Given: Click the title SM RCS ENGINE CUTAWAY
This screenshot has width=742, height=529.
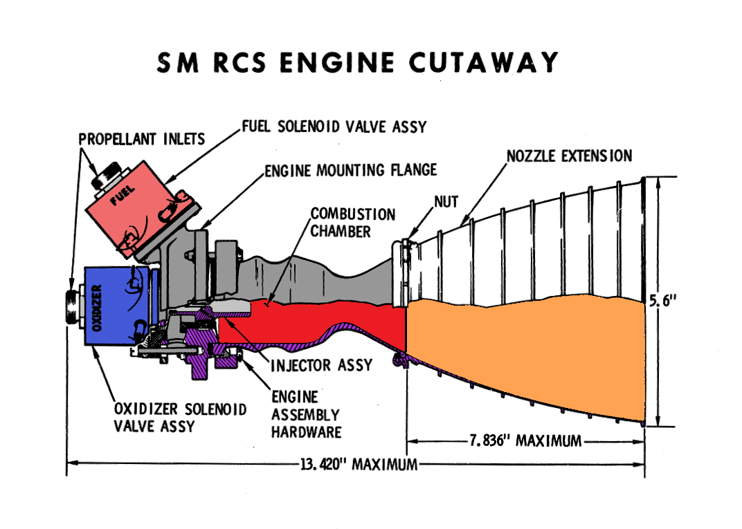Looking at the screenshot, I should click(357, 63).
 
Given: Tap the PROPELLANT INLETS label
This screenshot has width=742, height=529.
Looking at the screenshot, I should click(141, 139).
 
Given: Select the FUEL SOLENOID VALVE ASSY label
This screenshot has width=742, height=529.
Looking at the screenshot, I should click(334, 127).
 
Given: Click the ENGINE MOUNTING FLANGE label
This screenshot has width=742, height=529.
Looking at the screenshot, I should click(351, 169).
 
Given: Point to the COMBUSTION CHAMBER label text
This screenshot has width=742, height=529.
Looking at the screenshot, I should click(352, 222).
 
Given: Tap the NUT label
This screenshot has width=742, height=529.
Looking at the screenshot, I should click(448, 201).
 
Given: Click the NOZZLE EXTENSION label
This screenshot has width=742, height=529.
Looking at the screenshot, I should click(569, 156).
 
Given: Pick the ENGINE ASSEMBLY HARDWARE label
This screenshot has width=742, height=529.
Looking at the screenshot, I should click(305, 414).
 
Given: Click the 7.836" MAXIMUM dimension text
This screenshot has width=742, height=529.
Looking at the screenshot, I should click(525, 440).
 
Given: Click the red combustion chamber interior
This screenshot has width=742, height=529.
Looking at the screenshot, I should click(325, 319).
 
